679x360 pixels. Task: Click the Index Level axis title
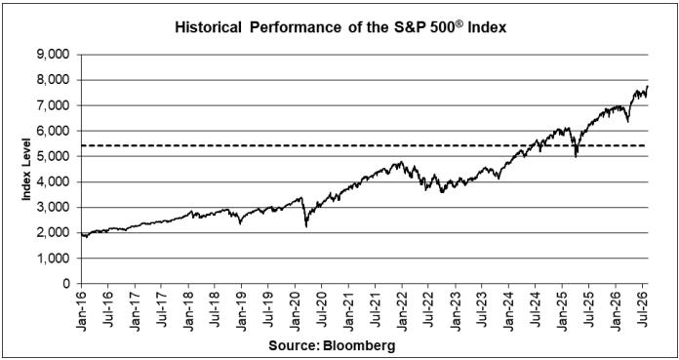point(26,170)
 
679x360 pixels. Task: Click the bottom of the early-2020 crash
point(306,226)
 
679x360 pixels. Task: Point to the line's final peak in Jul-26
point(647,86)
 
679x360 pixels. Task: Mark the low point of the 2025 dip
point(576,156)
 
